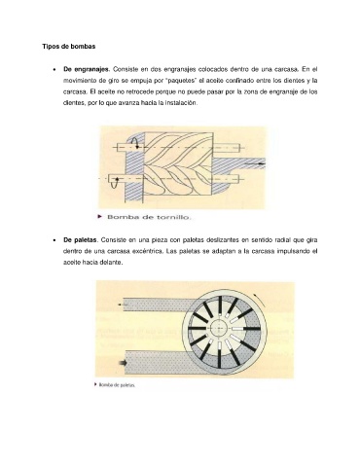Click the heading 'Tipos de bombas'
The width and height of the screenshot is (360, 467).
click(x=69, y=47)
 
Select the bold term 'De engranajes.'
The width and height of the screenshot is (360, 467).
click(x=87, y=69)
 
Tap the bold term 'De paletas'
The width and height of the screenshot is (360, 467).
click(x=80, y=240)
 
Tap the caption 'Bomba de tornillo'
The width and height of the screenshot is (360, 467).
click(x=149, y=217)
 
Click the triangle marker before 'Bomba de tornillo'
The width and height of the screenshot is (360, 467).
click(x=100, y=217)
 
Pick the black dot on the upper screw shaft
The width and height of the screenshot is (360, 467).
click(x=137, y=147)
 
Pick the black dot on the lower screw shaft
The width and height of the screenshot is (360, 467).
click(x=117, y=179)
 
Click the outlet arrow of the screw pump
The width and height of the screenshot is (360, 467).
click(x=255, y=164)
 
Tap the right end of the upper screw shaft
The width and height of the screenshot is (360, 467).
click(x=240, y=148)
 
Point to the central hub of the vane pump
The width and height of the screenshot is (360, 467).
click(x=220, y=328)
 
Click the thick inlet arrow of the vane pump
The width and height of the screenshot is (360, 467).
click(x=124, y=363)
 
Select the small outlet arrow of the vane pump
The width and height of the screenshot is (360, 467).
click(x=121, y=305)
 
